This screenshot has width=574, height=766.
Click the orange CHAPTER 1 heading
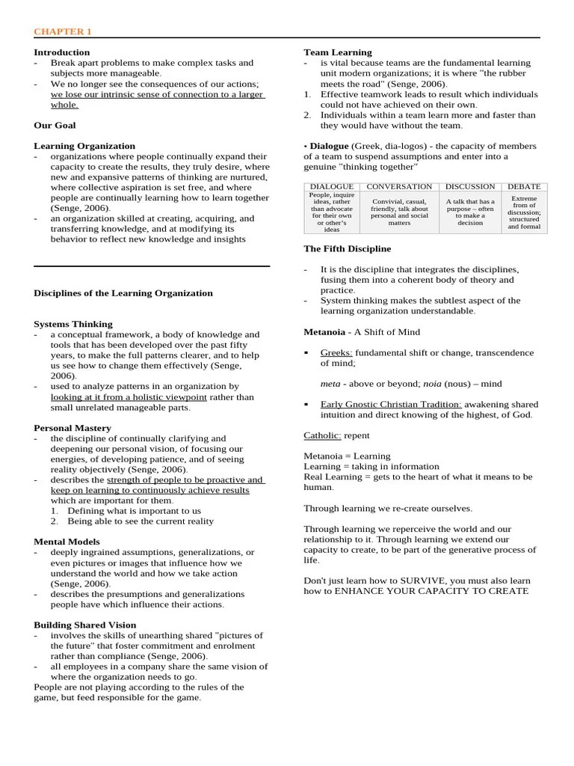[x=63, y=31]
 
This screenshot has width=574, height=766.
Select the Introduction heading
[x=61, y=52]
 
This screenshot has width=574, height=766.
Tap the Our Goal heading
[x=55, y=125]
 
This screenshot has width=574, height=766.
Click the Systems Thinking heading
[x=73, y=324]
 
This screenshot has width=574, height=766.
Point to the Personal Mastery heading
[x=72, y=428]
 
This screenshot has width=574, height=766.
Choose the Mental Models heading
[x=67, y=542]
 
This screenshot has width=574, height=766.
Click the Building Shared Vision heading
[x=85, y=625]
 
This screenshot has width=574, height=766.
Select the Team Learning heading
[x=337, y=52]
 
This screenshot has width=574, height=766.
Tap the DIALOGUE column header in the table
[x=331, y=186]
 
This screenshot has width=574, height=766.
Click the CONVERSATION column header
[x=399, y=186]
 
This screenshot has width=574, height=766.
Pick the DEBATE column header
[x=524, y=186]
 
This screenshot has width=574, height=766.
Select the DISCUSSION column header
[x=469, y=186]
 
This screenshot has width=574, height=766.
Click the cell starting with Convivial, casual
[x=399, y=212]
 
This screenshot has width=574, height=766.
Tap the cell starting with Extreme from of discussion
[x=524, y=212]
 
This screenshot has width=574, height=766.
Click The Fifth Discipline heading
[x=347, y=248]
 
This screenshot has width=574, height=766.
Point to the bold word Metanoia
[x=324, y=331]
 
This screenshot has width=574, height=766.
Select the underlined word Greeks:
[x=336, y=352]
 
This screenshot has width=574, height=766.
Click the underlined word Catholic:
[x=322, y=435]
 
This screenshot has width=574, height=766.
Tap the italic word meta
[x=330, y=383]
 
